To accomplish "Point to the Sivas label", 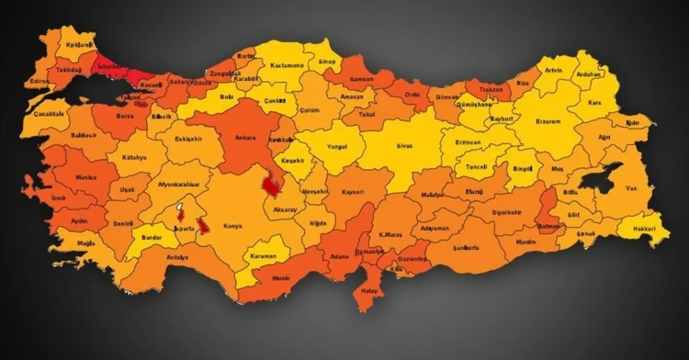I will pos(404,146).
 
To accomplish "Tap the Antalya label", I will pos(178,257).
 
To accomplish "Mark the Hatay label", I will pos(369,291).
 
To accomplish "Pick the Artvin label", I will pos(553,71).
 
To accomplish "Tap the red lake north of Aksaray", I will pos(270,185).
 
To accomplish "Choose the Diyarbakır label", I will pos(507,212).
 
